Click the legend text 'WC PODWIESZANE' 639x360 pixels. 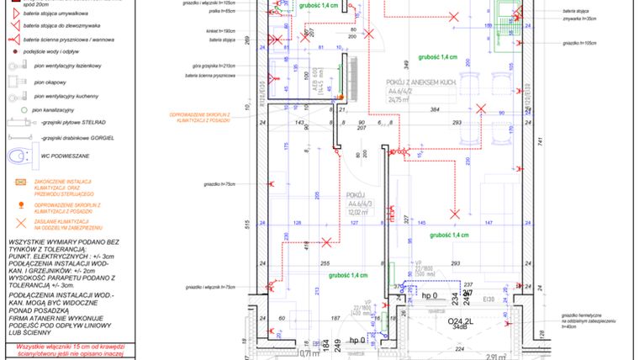pyautogui.click(x=63, y=156)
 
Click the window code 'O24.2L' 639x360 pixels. pyautogui.click(x=455, y=320)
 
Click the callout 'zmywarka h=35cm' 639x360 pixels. pyautogui.click(x=578, y=18)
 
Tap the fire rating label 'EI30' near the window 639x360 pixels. pyautogui.click(x=488, y=296)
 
